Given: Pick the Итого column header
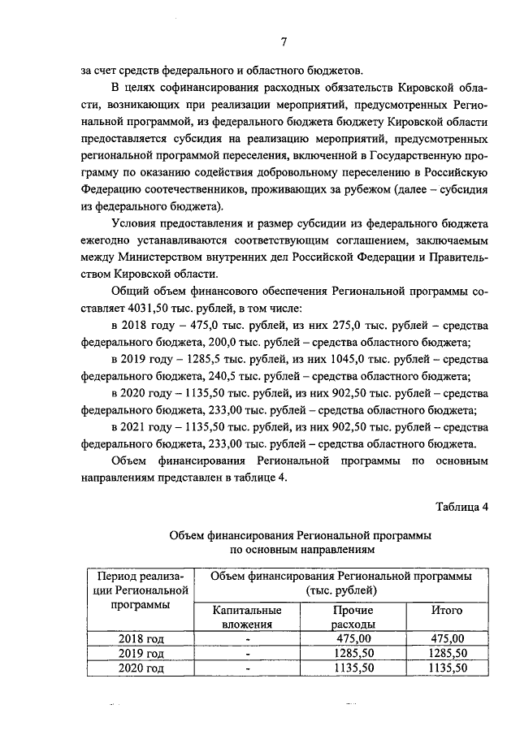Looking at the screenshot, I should [446, 609].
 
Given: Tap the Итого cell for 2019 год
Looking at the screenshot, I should [446, 653].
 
